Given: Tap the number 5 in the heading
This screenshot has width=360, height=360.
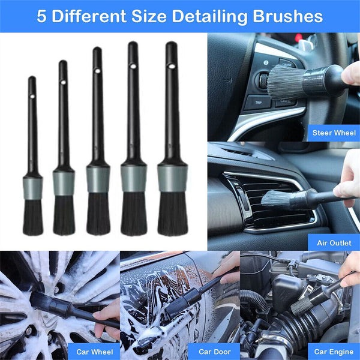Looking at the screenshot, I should (x=41, y=16).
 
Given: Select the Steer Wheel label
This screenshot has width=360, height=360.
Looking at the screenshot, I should (x=334, y=133).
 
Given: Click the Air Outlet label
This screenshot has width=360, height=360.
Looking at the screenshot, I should (x=334, y=242).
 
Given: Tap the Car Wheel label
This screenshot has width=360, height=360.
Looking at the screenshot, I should (x=94, y=352).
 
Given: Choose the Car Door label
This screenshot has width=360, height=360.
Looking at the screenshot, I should (x=214, y=352).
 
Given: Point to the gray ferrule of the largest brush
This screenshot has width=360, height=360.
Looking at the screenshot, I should (x=172, y=178).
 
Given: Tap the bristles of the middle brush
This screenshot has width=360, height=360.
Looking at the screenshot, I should (x=98, y=214).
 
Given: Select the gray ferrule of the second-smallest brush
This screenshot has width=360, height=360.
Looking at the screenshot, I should (x=64, y=182).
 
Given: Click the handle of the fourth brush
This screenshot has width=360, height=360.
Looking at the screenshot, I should (x=133, y=108).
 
